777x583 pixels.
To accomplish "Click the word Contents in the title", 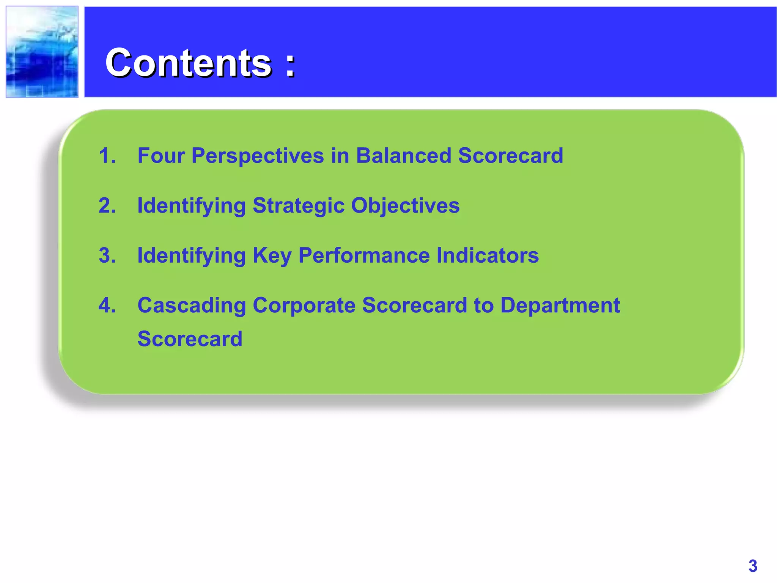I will pos(189,63).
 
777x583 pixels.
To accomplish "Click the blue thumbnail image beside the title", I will pos(42,52).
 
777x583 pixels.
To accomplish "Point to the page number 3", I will pos(753,566).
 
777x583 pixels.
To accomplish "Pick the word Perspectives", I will pos(257,156).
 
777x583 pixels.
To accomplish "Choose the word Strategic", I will pos(298,206).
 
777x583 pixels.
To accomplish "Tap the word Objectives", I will pos(405,206).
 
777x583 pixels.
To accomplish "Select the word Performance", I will pos(364,255).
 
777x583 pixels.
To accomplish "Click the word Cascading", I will pos(192,306).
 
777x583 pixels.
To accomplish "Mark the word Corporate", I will pos(304,306).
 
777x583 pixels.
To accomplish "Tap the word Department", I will pos(560,305).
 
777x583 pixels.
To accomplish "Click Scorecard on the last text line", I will pos(190,339).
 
